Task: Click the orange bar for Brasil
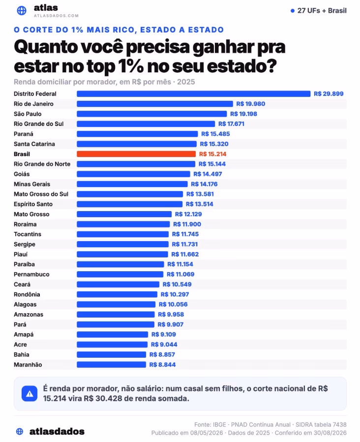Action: click(136, 154)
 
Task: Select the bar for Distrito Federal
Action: click(193, 94)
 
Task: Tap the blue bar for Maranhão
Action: click(111, 365)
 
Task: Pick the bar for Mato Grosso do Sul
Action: click(130, 194)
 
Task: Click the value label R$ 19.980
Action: click(251, 104)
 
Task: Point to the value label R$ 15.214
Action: click(212, 154)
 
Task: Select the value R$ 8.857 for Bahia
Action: click(162, 354)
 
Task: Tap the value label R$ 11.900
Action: click(187, 224)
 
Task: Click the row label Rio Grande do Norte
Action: click(42, 164)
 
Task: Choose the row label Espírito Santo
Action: click(33, 204)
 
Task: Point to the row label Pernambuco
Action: click(31, 274)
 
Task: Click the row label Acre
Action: click(20, 345)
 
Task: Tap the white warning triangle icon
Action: click(30, 394)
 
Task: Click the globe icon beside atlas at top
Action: click(22, 10)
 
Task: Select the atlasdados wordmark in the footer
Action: click(57, 431)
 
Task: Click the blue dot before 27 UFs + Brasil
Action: click(293, 11)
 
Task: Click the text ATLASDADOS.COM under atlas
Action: click(57, 16)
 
